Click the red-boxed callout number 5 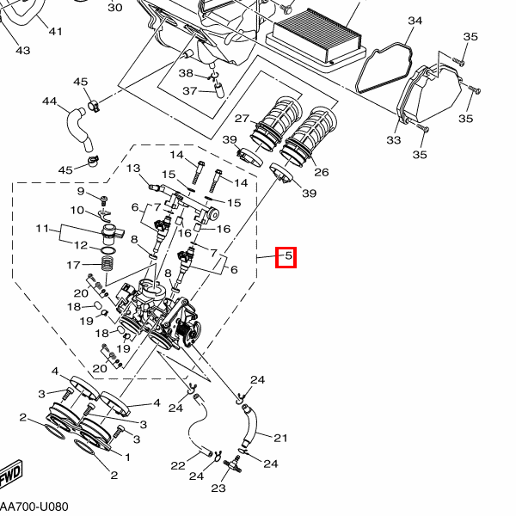coord(286,256)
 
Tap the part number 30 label coord(115,8)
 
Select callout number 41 coord(55,32)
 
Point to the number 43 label coord(23,50)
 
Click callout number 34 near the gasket coord(415,21)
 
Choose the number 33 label coord(394,139)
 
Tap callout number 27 coord(242,119)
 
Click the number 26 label coord(322,172)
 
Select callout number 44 coord(49,102)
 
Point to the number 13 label coord(133,169)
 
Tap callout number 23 coord(218,488)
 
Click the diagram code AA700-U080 coord(34,507)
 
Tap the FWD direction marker coord(9,476)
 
